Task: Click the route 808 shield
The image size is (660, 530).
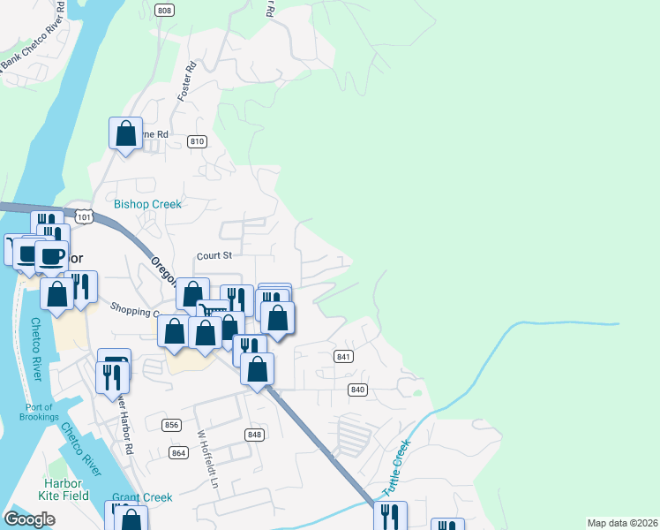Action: tap(163, 10)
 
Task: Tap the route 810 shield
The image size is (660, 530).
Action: tap(197, 141)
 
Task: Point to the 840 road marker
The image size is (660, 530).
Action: tap(357, 390)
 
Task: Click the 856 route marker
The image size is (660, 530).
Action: tap(172, 425)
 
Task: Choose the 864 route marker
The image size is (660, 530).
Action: tap(179, 453)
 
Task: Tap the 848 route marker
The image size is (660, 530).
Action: tap(254, 435)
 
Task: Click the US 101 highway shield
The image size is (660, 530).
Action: tap(84, 216)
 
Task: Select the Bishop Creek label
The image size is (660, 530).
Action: tap(147, 204)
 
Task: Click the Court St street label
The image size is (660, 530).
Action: tap(214, 256)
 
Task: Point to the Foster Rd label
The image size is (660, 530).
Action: tap(186, 79)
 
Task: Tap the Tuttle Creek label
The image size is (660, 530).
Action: tap(397, 468)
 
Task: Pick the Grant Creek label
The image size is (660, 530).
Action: tap(142, 497)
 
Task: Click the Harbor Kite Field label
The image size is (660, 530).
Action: tap(63, 489)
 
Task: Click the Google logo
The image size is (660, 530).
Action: tap(29, 519)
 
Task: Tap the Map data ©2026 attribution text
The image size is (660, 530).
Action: tap(622, 523)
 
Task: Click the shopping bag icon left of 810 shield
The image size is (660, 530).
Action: tap(126, 134)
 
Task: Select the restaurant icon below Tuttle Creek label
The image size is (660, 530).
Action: tap(389, 516)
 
